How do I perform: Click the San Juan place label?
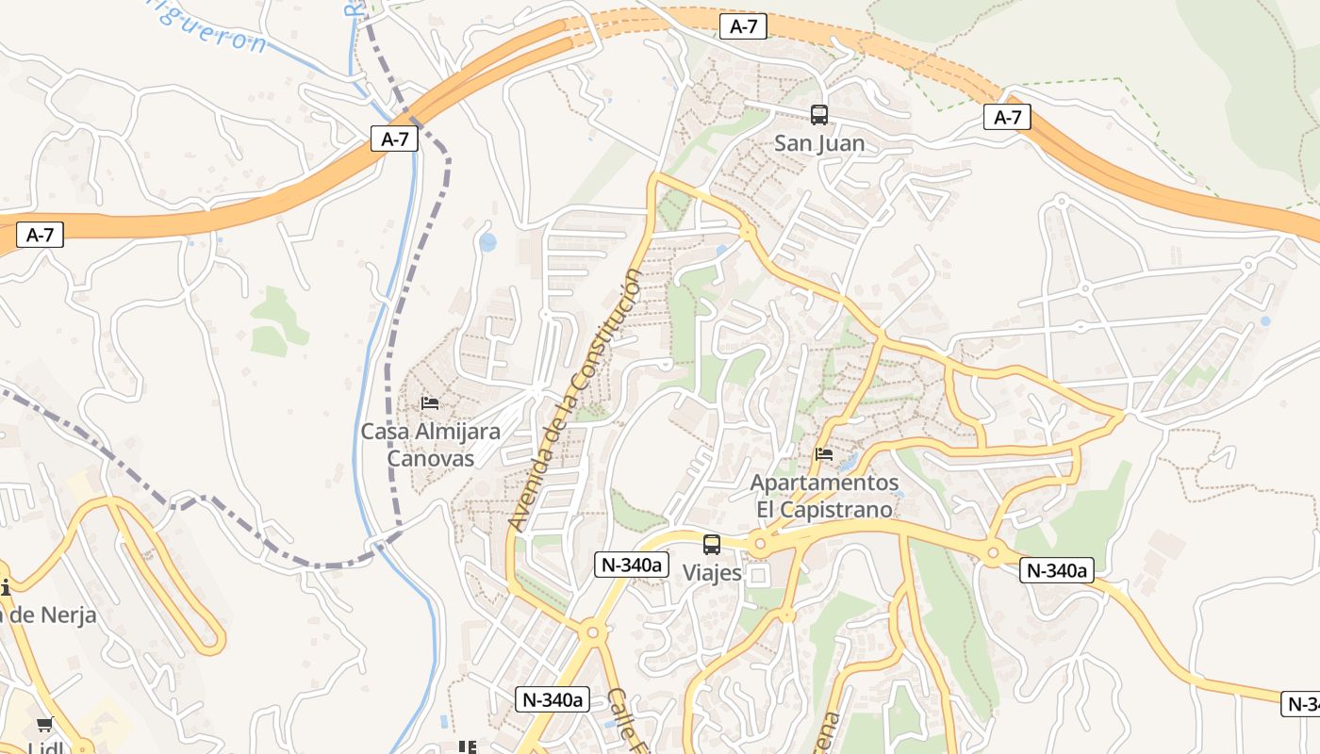[818, 144]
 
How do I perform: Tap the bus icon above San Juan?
[819, 115]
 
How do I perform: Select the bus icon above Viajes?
[712, 545]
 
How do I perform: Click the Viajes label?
[712, 572]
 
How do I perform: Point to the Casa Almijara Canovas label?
[431, 445]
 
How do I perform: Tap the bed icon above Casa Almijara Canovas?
[430, 403]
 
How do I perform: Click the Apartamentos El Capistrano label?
[824, 496]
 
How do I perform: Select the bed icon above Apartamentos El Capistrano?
[824, 454]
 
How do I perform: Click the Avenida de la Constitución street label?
[575, 400]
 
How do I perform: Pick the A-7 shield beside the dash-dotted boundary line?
[394, 139]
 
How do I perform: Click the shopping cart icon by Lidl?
[44, 725]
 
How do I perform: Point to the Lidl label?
[44, 747]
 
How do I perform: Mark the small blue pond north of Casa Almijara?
[487, 242]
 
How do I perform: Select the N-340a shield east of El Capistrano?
[1056, 570]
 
